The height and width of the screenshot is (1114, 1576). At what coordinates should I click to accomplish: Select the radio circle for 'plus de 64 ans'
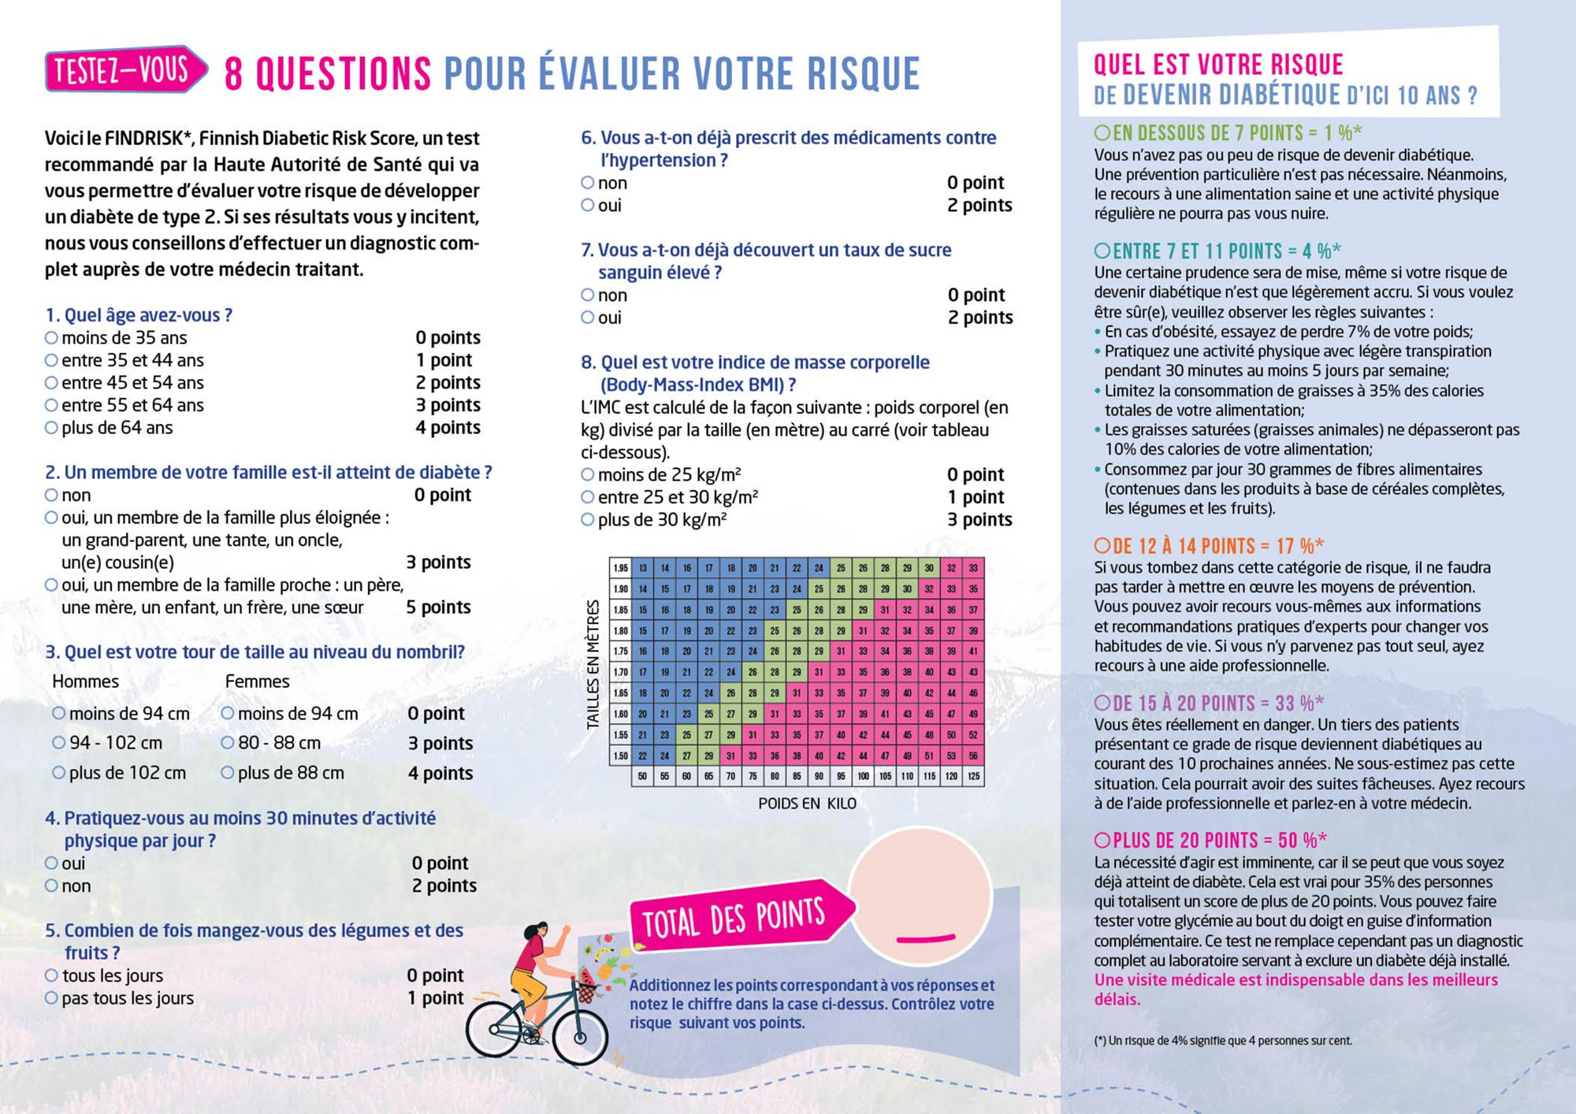pos(51,428)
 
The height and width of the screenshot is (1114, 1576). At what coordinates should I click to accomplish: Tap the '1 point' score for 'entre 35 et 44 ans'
pos(444,360)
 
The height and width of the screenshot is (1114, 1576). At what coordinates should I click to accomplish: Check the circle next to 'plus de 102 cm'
pos(58,773)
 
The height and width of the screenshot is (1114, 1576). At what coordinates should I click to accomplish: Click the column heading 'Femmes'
pos(257,681)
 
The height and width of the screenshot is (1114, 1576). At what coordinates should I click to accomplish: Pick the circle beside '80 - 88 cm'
pos(228,743)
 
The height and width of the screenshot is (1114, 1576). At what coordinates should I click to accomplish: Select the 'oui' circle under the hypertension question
pos(588,206)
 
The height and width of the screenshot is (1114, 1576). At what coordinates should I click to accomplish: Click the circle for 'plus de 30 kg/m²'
pos(588,520)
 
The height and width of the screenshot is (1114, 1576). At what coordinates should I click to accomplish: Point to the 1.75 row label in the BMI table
pos(620,651)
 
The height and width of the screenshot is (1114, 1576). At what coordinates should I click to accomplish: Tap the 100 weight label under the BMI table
pos(863,777)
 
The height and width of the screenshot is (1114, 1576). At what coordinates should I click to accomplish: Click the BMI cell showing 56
pos(973,756)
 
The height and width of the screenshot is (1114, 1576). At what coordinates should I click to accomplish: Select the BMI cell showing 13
pos(643,568)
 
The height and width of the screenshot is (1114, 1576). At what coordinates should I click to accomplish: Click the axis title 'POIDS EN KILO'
pos(807,804)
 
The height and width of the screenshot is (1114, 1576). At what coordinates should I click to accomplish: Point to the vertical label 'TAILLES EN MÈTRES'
pos(593,664)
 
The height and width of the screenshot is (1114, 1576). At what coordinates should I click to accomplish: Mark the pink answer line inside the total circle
pos(925,938)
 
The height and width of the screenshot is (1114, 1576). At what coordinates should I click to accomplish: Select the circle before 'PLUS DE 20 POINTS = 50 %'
pos(1102,840)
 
